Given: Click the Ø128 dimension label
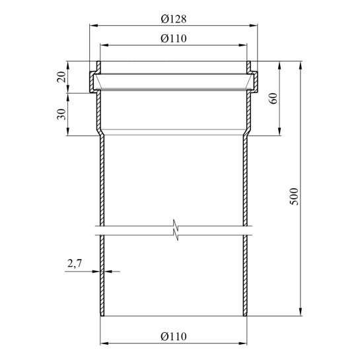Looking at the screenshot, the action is pyautogui.click(x=174, y=19).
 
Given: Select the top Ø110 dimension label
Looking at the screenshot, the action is pyautogui.click(x=174, y=38).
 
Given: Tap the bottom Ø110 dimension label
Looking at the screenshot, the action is pyautogui.click(x=174, y=337).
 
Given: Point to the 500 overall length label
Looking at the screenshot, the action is pyautogui.click(x=294, y=197).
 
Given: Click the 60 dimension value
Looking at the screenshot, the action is pyautogui.click(x=273, y=98).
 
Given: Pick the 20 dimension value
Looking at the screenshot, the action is pyautogui.click(x=61, y=77).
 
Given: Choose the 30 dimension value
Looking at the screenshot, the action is pyautogui.click(x=61, y=114).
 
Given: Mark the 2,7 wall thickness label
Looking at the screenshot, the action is pyautogui.click(x=75, y=263).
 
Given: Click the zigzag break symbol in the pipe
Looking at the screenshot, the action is pyautogui.click(x=176, y=230).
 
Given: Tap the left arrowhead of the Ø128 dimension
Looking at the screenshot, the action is pyautogui.click(x=93, y=26).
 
